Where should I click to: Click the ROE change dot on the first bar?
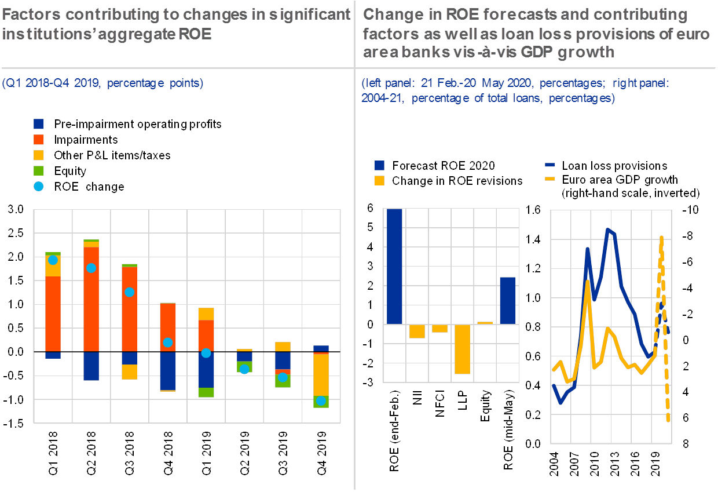[x=53, y=260]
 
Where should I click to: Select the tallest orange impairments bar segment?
[x=91, y=298]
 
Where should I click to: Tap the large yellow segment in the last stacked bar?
[x=321, y=375]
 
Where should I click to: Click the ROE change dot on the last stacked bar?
[x=321, y=401]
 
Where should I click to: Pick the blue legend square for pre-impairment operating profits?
[x=39, y=123]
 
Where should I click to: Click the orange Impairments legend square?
[x=39, y=140]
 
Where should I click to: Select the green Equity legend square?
[x=39, y=171]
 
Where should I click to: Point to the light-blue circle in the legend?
[x=39, y=187]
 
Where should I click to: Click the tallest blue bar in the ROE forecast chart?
[x=394, y=266]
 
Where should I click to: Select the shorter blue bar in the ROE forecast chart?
[x=508, y=300]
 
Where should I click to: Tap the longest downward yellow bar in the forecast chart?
[x=462, y=349]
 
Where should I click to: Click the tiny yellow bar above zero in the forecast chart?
[x=485, y=322]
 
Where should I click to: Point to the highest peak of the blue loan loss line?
[x=607, y=229]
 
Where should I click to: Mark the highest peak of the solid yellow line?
[x=588, y=282]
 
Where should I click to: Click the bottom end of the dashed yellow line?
[x=669, y=420]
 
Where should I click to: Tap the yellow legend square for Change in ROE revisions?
[x=379, y=180]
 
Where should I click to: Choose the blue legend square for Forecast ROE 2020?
[x=379, y=165]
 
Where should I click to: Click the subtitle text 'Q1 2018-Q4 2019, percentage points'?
[x=102, y=83]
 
